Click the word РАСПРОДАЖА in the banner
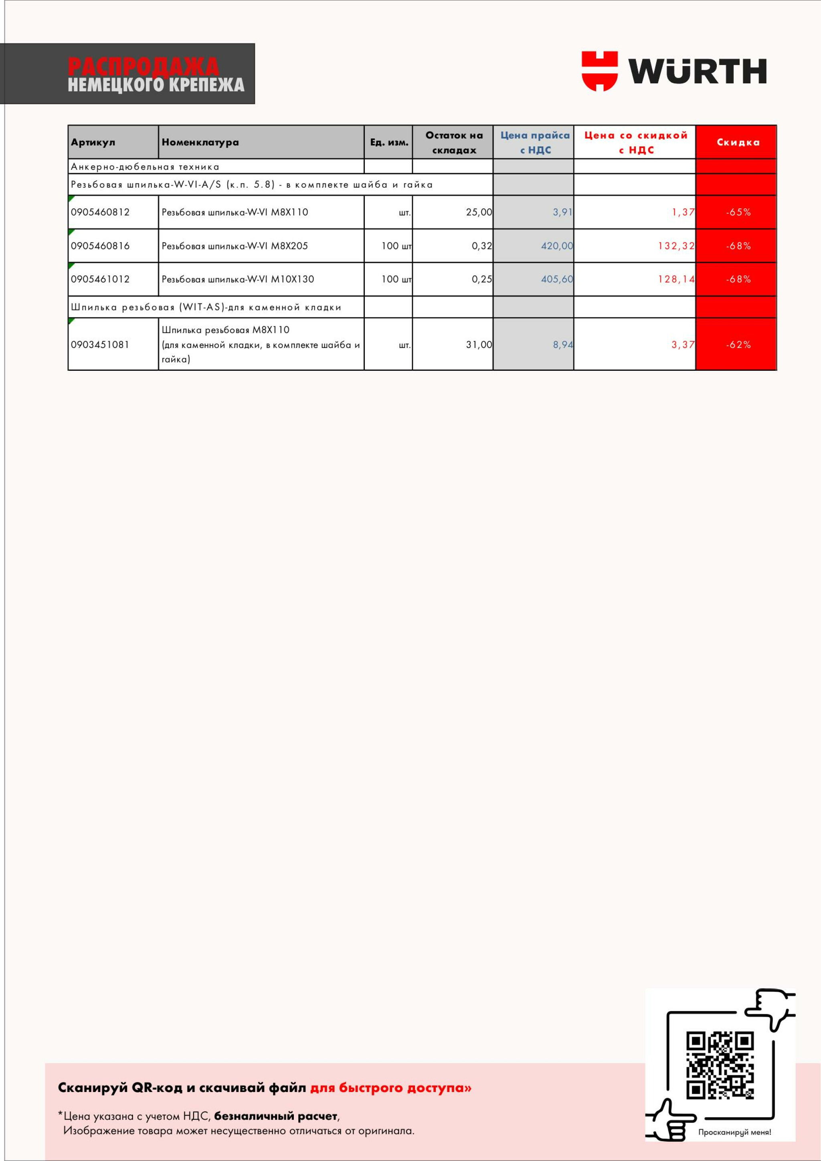coord(143,66)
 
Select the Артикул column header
coord(93,142)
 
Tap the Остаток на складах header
coord(453,142)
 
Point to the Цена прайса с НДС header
coord(535,142)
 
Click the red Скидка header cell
coord(738,142)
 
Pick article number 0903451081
coord(100,345)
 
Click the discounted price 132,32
coord(676,246)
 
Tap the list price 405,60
coord(556,279)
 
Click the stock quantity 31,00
coord(479,345)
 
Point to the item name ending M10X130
coord(238,279)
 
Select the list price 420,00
coord(556,246)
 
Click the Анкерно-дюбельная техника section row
coord(145,167)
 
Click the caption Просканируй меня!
coord(734,1132)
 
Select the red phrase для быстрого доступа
coord(390,1088)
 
